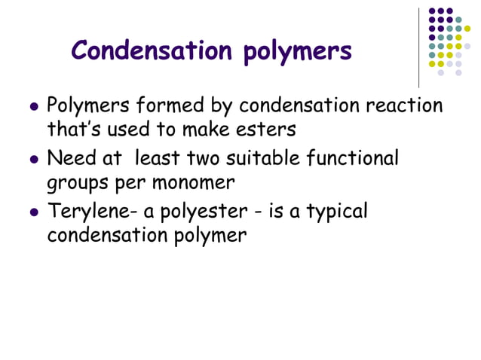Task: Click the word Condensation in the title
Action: point(154,50)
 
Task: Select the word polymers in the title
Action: point(298,52)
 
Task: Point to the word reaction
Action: point(404,105)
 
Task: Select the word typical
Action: point(334,213)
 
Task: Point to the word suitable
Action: point(261,159)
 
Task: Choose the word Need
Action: point(72,159)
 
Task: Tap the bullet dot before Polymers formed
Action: point(32,107)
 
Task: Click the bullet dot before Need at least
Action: point(32,160)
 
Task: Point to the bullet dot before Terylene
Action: point(32,213)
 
